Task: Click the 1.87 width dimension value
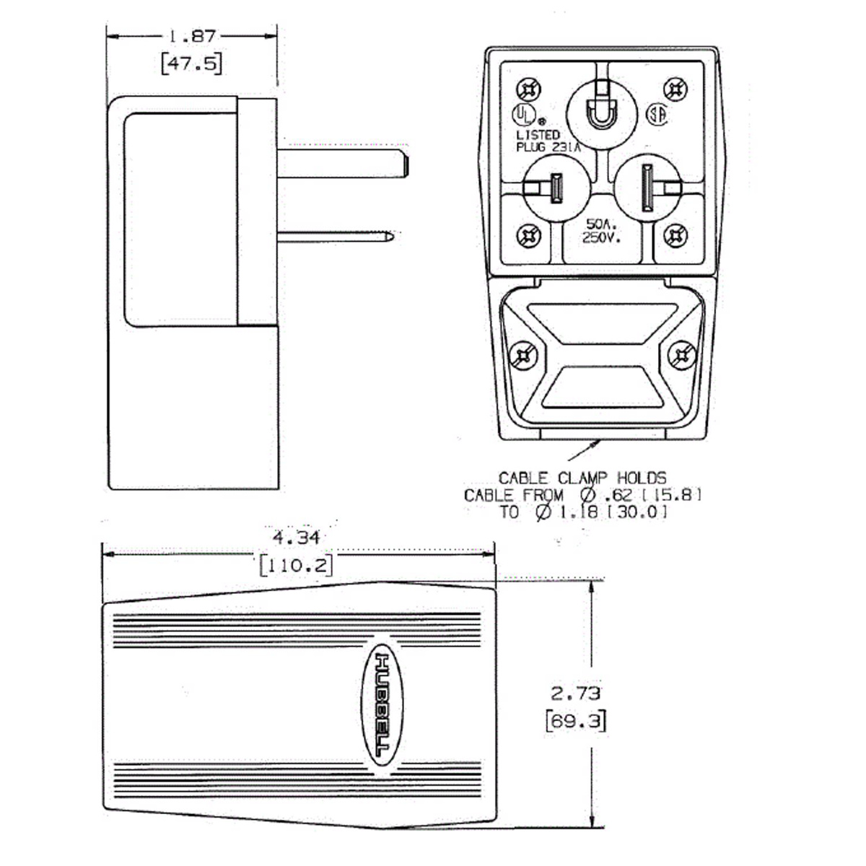(193, 37)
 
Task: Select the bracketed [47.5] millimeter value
(192, 64)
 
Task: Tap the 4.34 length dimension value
(297, 538)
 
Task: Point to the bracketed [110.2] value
(297, 565)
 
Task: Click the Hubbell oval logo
(382, 704)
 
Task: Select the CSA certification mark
(657, 115)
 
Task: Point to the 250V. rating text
(602, 237)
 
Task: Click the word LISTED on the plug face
(538, 135)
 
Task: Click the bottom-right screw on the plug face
(675, 235)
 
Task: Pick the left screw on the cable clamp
(524, 356)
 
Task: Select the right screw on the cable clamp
(682, 356)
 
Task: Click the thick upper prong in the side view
(343, 163)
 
